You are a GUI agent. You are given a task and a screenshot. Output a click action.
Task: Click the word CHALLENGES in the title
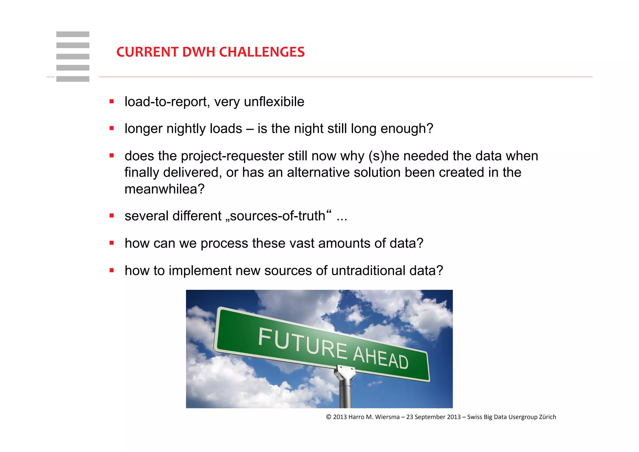point(262,52)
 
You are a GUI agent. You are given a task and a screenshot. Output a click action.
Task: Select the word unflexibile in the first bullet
point(274,102)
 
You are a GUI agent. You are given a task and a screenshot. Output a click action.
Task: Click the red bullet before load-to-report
point(112,101)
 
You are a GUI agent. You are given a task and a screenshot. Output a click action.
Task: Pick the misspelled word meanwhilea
point(164,189)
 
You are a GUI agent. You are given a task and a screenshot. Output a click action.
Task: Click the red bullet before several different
point(112,216)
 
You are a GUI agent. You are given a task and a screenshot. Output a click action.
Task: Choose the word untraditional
point(368,271)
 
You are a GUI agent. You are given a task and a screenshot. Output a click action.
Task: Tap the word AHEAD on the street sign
point(381,358)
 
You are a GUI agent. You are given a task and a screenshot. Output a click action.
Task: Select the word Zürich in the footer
point(548,417)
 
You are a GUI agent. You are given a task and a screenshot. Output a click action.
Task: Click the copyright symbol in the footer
point(329,417)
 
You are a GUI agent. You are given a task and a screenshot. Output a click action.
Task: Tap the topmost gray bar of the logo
point(73,34)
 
